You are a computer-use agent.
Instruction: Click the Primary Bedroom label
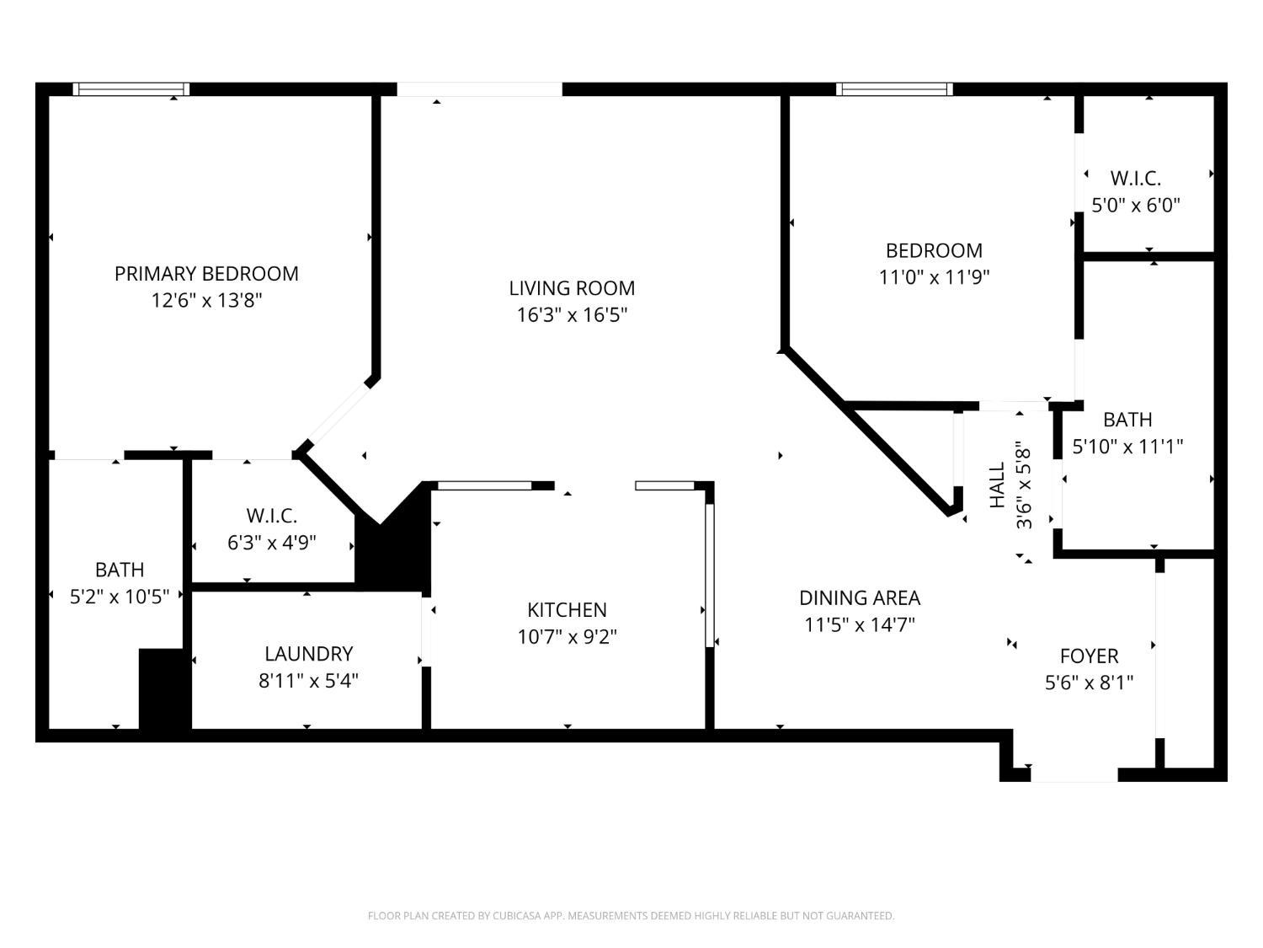[x=206, y=274]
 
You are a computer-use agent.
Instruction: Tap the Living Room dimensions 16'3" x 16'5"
[x=572, y=315]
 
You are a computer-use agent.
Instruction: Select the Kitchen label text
[x=567, y=610]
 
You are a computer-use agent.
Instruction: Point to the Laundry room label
[x=308, y=654]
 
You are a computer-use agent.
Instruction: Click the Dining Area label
[x=860, y=598]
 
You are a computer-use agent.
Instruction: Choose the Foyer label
[x=1090, y=656]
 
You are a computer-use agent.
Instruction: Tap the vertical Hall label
[x=997, y=485]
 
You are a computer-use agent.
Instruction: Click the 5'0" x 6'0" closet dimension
[x=1136, y=205]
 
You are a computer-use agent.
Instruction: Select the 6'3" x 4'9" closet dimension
[x=272, y=543]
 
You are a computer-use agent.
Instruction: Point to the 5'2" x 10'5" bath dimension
[x=119, y=597]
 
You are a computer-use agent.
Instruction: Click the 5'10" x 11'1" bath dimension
[x=1127, y=446]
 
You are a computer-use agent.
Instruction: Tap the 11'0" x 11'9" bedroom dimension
[x=934, y=277]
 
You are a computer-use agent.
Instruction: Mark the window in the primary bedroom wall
[x=131, y=88]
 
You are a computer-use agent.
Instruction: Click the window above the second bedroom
[x=894, y=88]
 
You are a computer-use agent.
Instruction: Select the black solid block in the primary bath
[x=164, y=689]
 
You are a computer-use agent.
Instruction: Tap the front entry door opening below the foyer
[x=1074, y=774]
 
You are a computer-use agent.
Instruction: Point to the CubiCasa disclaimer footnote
[x=631, y=915]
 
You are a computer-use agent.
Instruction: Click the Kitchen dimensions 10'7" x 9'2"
[x=567, y=637]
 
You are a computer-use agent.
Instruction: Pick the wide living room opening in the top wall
[x=479, y=89]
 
